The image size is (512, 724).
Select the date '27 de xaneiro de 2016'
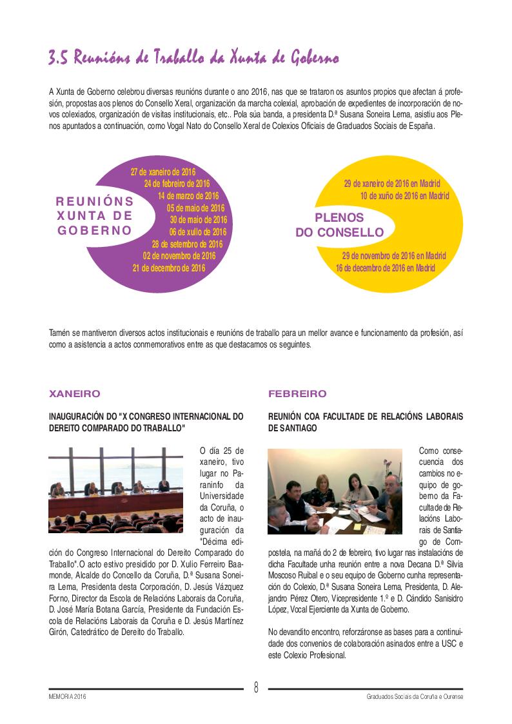[x=162, y=172]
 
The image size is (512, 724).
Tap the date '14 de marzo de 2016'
[x=188, y=196]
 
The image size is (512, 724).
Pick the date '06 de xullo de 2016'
[x=198, y=232]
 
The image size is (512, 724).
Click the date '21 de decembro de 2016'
[x=169, y=268]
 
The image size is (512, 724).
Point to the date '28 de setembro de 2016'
[x=187, y=244]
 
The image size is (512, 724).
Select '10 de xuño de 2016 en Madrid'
[x=404, y=195]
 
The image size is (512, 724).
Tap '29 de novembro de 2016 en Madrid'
[x=393, y=256]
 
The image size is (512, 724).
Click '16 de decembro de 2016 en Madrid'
[x=385, y=268]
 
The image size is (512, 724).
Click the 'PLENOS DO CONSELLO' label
[x=339, y=225]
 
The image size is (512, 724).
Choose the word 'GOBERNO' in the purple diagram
[x=95, y=230]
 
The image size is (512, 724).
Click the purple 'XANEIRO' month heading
[x=75, y=393]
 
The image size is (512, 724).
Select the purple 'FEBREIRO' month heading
[x=297, y=393]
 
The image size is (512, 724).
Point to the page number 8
[x=256, y=687]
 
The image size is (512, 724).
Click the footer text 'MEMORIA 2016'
[x=67, y=697]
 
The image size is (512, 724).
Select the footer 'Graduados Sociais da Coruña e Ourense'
[x=414, y=697]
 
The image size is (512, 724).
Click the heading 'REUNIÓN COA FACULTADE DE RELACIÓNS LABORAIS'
[x=365, y=417]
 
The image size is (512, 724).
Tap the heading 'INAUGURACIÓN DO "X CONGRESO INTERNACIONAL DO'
[x=146, y=417]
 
